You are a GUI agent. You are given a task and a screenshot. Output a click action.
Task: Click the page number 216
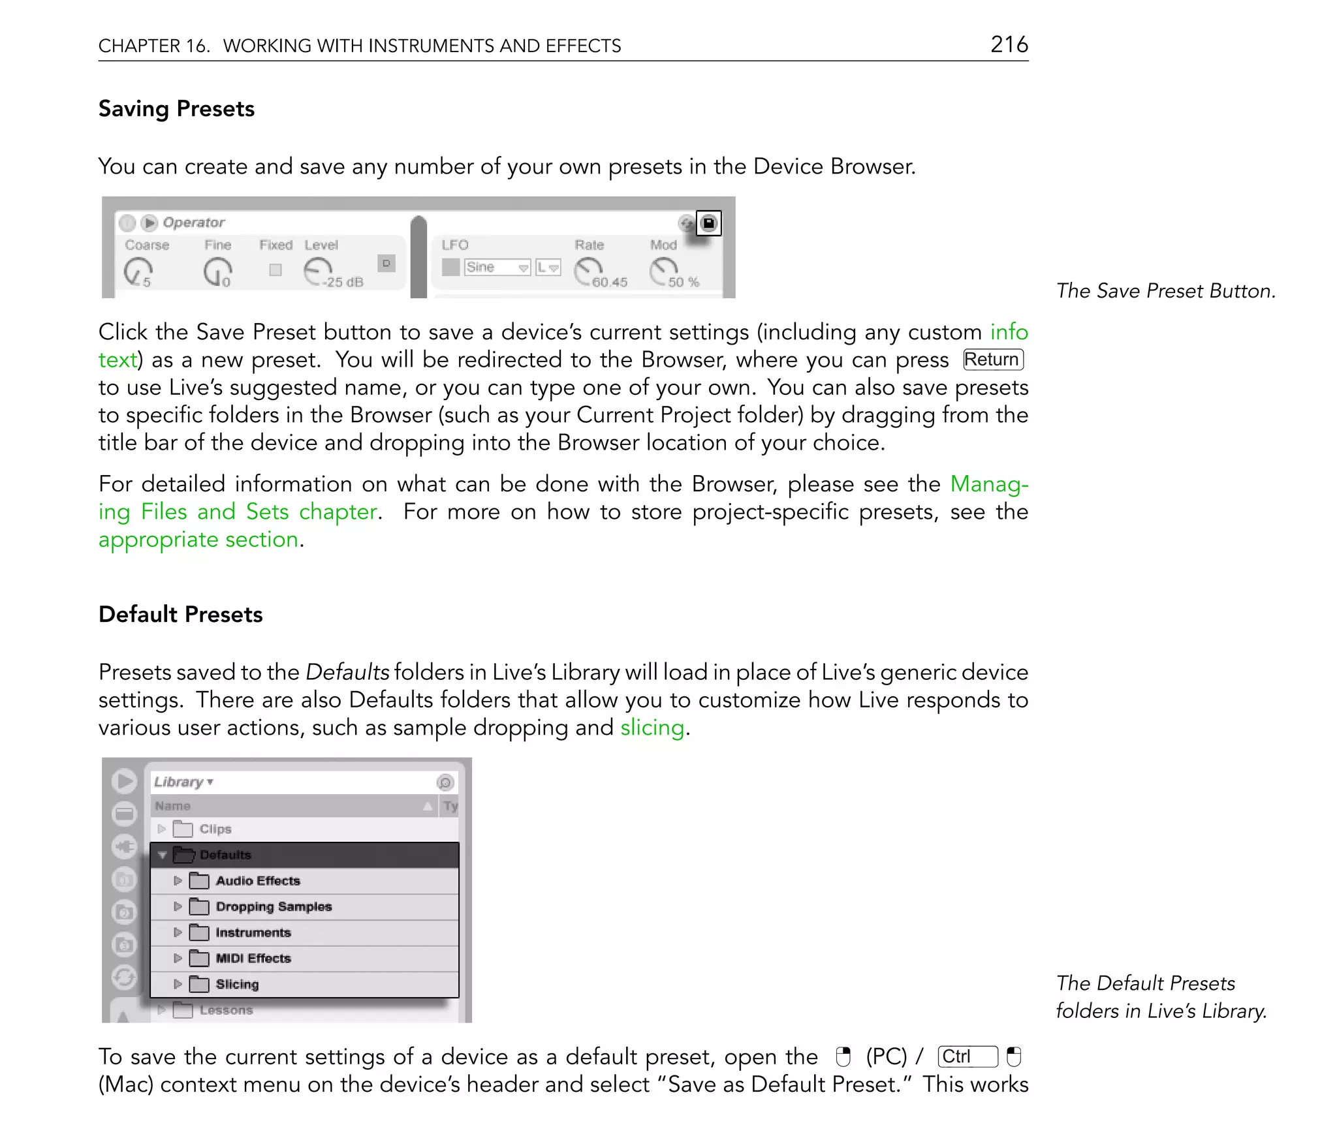pos(1009,44)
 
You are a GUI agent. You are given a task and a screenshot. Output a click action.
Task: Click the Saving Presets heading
pos(176,108)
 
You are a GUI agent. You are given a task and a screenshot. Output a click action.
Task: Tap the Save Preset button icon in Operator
pos(708,223)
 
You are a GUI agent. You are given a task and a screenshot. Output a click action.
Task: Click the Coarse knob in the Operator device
pos(138,271)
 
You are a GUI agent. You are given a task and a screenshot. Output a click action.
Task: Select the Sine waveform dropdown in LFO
pos(497,267)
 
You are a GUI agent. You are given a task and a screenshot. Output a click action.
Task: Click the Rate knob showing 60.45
pos(588,270)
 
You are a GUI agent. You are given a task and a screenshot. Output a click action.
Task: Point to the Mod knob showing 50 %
pos(663,270)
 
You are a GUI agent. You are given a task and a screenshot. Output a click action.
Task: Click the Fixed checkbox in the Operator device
pos(275,270)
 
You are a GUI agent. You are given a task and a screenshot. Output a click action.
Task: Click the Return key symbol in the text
pos(992,360)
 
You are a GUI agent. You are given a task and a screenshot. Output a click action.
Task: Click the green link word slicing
pos(652,727)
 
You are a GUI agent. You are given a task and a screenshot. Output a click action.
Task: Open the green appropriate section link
pos(198,540)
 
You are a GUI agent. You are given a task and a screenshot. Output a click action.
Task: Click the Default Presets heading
pos(180,614)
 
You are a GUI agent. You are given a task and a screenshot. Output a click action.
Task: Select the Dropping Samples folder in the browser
pos(273,906)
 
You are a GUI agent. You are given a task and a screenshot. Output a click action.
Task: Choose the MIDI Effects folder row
pos(253,958)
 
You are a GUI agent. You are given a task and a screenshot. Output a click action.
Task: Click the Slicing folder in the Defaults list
pos(236,984)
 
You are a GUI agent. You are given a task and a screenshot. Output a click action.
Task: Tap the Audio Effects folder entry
pos(257,881)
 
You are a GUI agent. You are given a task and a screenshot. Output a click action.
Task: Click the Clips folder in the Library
pos(215,829)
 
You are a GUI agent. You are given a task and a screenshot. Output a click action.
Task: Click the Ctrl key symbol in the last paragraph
pos(966,1057)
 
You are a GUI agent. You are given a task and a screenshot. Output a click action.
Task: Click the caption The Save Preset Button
pos(1165,290)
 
